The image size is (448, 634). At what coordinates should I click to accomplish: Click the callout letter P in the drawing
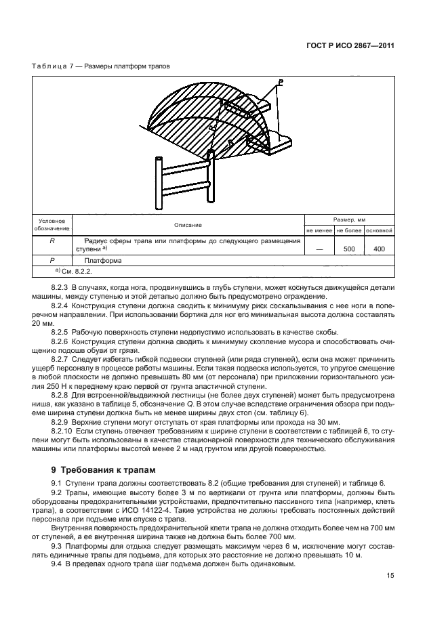point(280,82)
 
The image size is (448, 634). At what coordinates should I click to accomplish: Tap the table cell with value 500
point(350,249)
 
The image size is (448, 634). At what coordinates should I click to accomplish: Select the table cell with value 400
point(380,249)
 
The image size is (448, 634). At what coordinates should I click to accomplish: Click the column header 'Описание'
point(188,225)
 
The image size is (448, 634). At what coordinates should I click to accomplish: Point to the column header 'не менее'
point(320,231)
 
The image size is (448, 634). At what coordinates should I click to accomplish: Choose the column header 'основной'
point(380,231)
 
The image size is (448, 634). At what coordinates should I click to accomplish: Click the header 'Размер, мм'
point(350,220)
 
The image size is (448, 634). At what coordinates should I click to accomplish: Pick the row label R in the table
point(53,241)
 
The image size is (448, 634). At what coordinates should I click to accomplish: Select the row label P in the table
point(53,260)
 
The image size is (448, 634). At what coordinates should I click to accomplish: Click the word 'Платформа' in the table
point(102,260)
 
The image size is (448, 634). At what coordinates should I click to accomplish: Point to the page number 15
point(390,576)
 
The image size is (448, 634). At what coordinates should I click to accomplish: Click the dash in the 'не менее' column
point(320,249)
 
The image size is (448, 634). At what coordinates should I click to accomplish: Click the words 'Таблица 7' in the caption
point(53,66)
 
